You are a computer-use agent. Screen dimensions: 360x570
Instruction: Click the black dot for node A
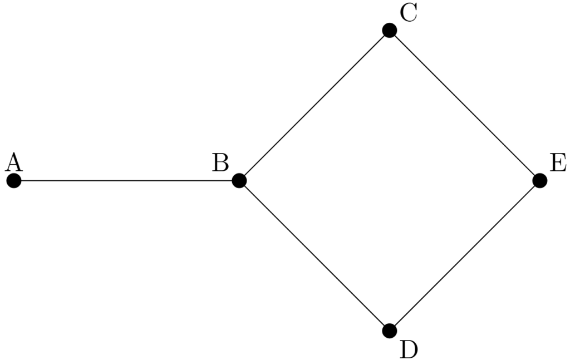tap(14, 180)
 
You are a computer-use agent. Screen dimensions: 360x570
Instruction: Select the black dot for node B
tap(239, 180)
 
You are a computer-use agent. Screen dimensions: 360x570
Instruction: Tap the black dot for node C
tap(390, 30)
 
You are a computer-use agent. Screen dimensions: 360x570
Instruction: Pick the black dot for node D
tap(390, 331)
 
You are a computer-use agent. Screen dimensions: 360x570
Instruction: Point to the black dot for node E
tap(539, 180)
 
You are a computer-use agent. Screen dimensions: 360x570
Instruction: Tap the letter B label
tap(220, 163)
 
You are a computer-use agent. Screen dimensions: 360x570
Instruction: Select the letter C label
tap(409, 13)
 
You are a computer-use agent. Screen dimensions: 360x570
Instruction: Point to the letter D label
tap(409, 349)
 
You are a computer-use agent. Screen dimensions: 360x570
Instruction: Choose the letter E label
tap(558, 163)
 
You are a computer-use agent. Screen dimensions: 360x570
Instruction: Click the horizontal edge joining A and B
tap(126, 180)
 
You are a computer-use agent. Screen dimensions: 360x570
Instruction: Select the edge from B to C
tap(314, 105)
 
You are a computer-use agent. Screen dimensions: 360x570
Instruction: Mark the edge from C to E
tap(465, 105)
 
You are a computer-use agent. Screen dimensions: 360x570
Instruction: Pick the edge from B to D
tap(314, 255)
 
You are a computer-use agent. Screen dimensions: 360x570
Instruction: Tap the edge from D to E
tap(465, 255)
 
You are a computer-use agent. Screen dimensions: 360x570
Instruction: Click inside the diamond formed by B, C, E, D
tap(390, 180)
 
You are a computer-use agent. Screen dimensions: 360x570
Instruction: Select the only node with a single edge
tap(14, 180)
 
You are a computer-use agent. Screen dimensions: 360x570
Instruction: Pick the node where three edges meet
tap(239, 180)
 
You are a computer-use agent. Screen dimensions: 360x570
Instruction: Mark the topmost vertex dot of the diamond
tap(390, 30)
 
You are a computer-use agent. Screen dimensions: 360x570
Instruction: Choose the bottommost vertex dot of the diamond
tap(390, 331)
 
